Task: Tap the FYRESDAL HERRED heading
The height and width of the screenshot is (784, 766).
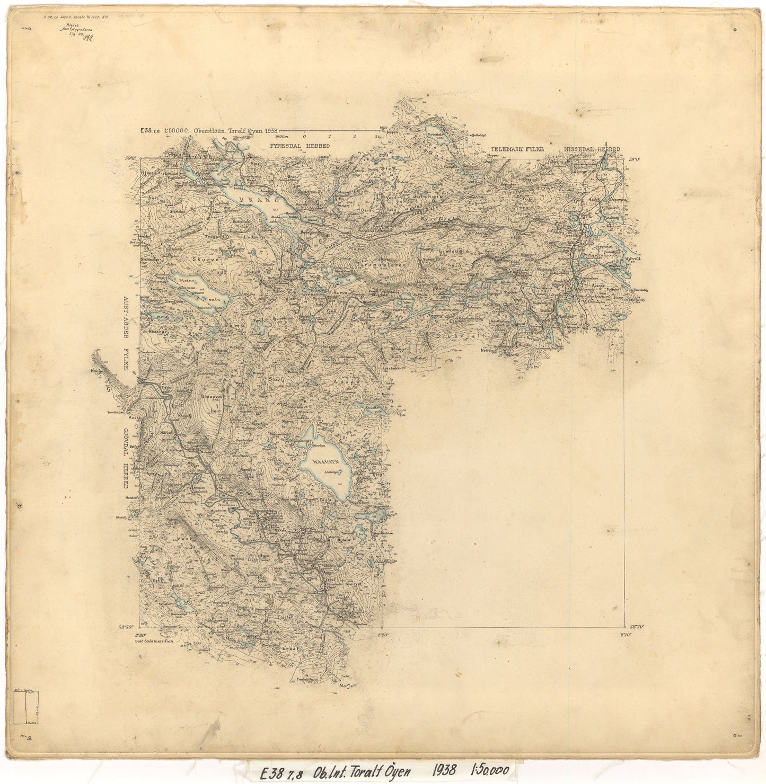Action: click(x=299, y=146)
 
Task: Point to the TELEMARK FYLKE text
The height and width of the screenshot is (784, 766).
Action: click(x=517, y=150)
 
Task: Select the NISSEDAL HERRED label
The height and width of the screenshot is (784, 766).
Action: click(x=591, y=150)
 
